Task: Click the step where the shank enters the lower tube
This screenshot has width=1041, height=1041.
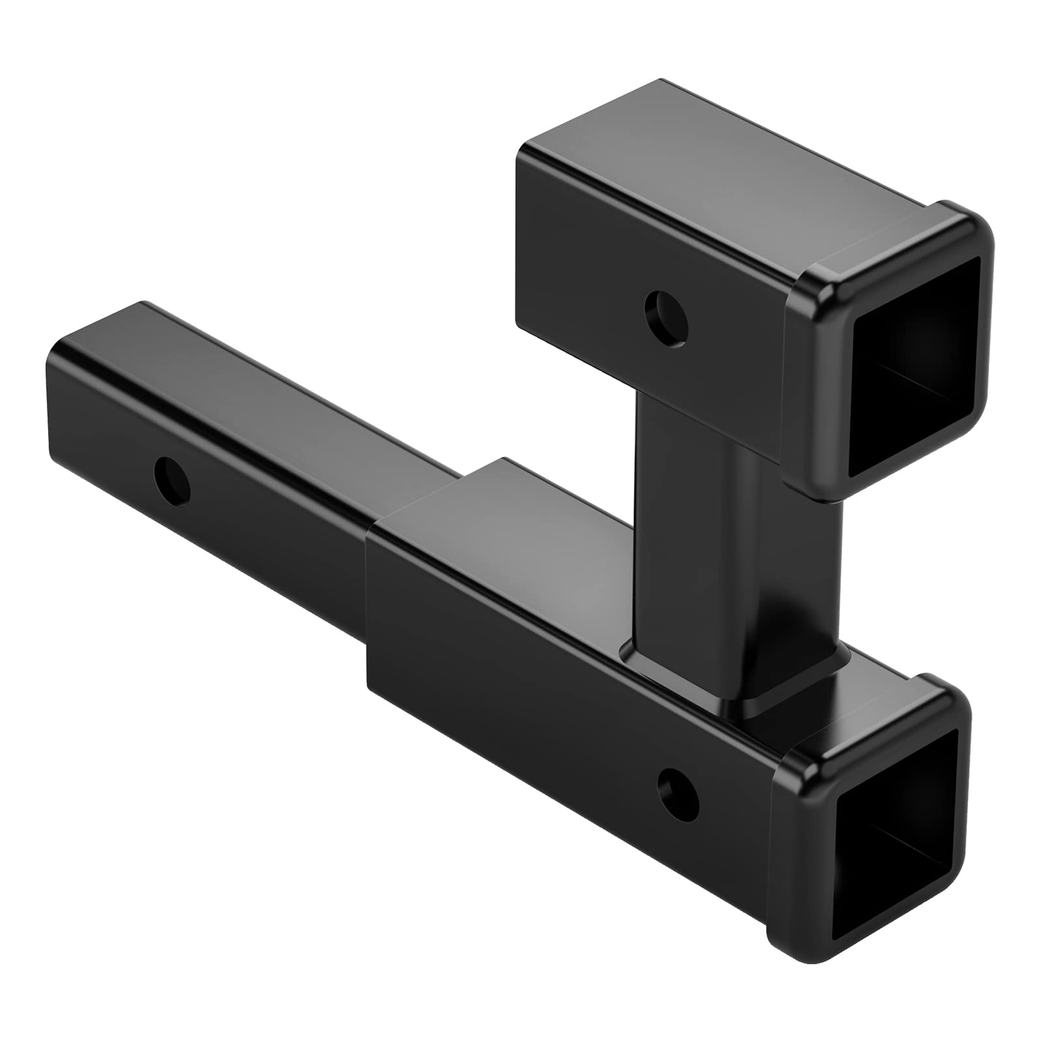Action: (371, 586)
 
